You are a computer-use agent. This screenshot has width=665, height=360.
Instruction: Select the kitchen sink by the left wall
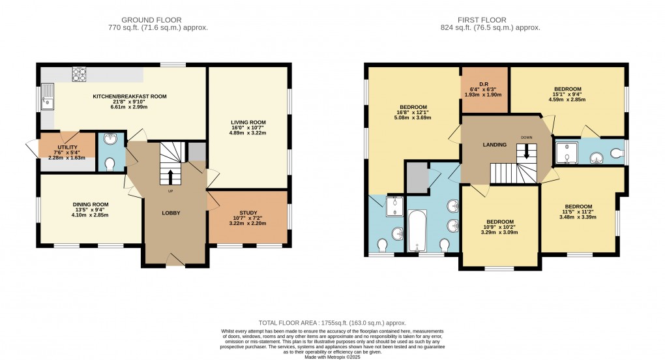coord(47,102)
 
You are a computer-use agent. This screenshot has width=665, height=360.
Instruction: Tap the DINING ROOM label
coord(90,204)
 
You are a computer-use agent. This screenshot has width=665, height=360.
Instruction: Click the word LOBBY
coord(171,213)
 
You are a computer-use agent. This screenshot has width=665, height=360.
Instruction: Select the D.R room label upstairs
coord(484,83)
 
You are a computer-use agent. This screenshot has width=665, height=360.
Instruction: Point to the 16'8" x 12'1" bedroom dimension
coord(413,113)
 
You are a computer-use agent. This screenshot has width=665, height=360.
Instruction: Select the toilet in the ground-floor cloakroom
coord(110,164)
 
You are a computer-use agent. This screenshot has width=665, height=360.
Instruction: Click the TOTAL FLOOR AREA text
coord(332,323)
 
